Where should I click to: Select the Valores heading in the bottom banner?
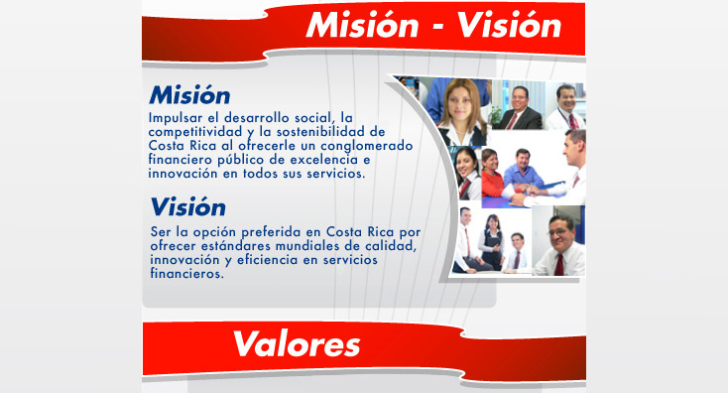(x=296, y=344)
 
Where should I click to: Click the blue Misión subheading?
(x=189, y=96)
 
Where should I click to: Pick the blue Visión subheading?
(x=188, y=207)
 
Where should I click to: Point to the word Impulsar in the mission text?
(x=174, y=117)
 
